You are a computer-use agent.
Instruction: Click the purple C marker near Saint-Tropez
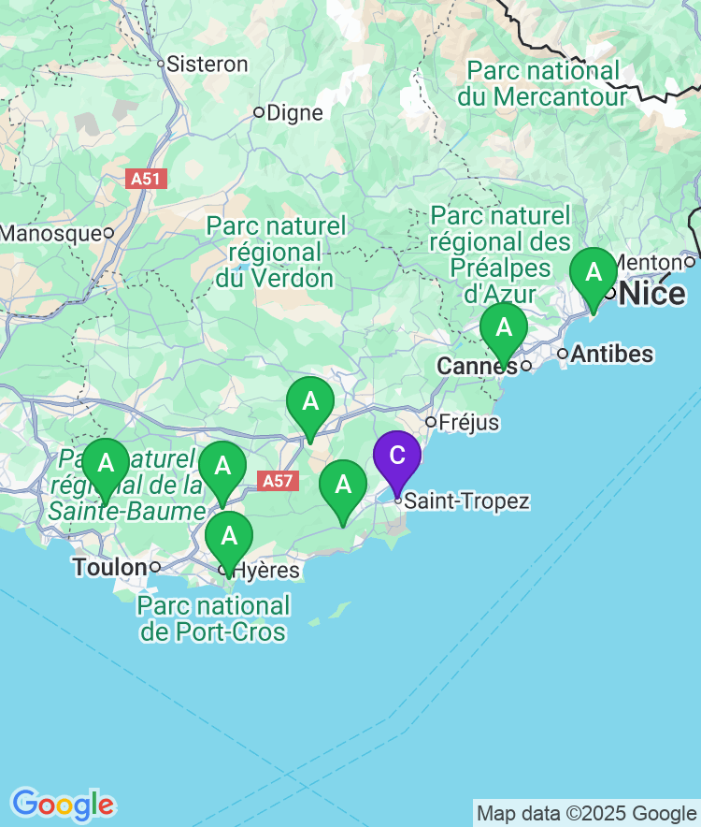coord(397,456)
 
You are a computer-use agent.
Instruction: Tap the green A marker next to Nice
coord(594,273)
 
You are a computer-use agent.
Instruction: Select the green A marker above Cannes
coord(504,328)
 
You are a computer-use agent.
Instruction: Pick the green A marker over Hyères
coord(228,537)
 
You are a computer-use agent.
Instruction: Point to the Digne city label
coord(294,113)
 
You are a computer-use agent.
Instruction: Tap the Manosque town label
coord(50,232)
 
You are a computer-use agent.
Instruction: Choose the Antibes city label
coord(611,355)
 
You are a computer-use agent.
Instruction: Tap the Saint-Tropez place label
coord(466,501)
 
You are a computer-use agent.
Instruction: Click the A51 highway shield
coord(148,179)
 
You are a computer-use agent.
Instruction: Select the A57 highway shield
coord(278,481)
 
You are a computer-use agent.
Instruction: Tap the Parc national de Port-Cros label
coord(213,617)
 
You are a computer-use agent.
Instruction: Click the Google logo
coord(63,805)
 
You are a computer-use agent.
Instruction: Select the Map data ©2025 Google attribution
coord(586,813)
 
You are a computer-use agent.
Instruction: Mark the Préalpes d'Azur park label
coord(500,254)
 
